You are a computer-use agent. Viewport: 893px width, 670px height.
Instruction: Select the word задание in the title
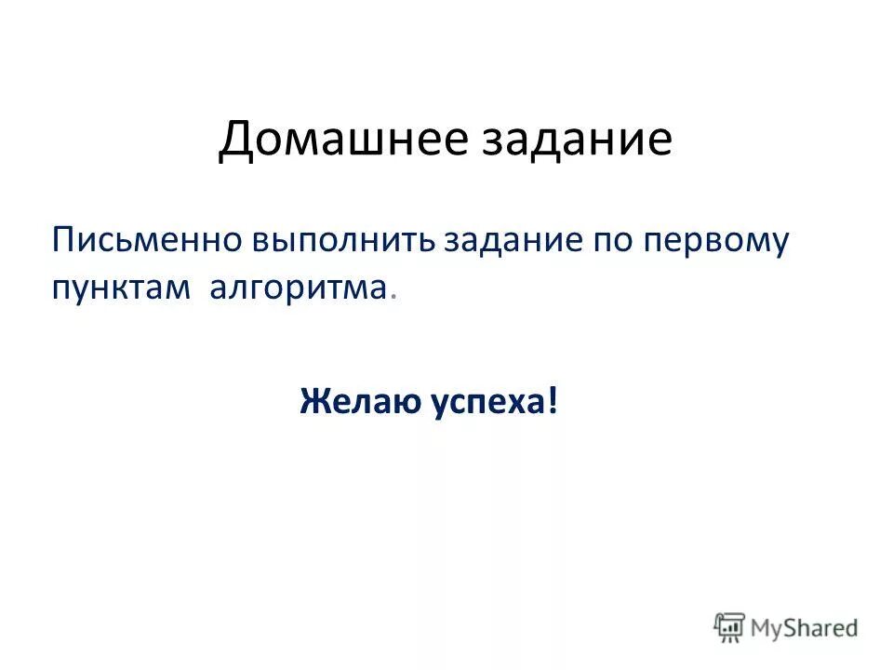[582, 141]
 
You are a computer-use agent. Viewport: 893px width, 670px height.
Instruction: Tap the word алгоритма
[296, 288]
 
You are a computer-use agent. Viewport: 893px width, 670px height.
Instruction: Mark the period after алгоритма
[394, 296]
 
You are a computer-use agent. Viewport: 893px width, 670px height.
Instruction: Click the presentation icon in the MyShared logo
[730, 627]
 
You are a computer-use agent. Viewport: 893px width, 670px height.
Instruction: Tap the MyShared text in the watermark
[804, 628]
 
